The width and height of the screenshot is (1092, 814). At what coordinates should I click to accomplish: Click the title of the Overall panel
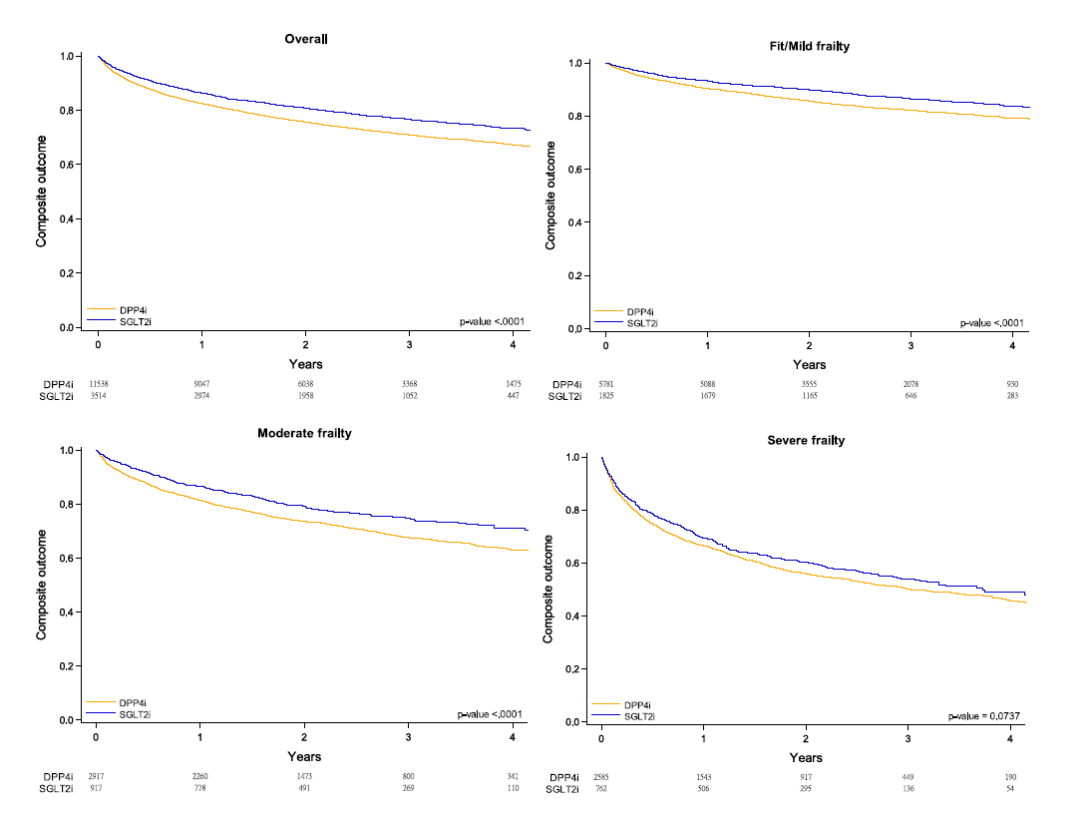(306, 39)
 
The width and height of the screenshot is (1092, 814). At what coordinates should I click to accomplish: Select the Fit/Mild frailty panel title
(804, 46)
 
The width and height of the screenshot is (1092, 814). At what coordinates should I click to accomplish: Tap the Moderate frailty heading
(304, 433)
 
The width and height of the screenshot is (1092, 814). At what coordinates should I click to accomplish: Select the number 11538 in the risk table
(98, 383)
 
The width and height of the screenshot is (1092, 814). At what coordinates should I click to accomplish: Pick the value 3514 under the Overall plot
(98, 396)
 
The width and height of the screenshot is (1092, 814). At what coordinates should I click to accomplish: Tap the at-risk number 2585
(601, 777)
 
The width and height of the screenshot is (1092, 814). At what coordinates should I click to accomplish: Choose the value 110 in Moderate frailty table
(514, 788)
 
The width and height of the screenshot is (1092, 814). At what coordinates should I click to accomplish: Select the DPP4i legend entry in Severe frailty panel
(638, 704)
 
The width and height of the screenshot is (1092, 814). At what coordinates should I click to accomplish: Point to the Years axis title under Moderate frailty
(304, 757)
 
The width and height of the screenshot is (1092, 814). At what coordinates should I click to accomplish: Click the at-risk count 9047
(202, 383)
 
